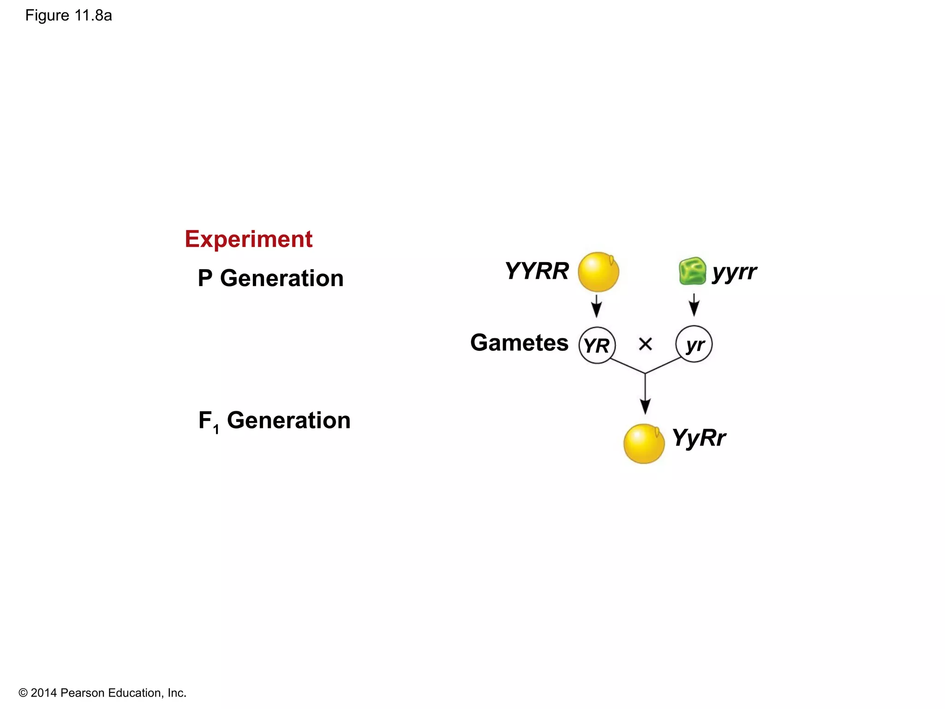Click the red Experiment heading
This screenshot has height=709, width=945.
coord(248,239)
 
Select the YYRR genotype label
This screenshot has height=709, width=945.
coord(537,271)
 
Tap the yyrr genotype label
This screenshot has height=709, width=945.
coord(734,272)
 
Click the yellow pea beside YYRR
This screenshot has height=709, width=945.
coord(598,272)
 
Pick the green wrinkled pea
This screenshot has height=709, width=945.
coord(692,271)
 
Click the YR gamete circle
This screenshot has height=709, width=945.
coord(597,345)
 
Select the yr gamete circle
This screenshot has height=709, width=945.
coord(694,344)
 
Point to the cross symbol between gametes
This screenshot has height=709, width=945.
coord(645,344)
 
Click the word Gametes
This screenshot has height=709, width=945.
coord(519,343)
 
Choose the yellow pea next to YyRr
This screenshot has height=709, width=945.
coord(644,444)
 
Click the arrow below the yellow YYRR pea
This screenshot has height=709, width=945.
coord(597,306)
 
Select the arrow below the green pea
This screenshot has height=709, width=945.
coord(694,305)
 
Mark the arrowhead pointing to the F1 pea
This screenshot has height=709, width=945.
coord(645,406)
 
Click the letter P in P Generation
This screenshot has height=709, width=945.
coord(205,278)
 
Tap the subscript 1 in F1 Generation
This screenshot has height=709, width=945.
coord(216,430)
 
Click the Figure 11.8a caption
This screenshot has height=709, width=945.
coord(68,16)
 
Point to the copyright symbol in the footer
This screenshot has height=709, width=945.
coord(23,693)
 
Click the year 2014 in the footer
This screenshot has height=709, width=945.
coord(44,693)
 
